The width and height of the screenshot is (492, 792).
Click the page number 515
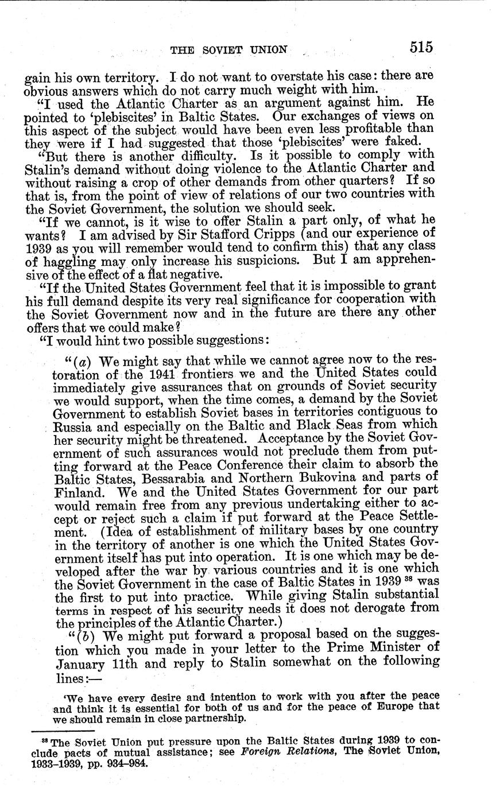pyautogui.click(x=421, y=48)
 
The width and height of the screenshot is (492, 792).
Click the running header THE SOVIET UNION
pyautogui.click(x=228, y=50)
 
